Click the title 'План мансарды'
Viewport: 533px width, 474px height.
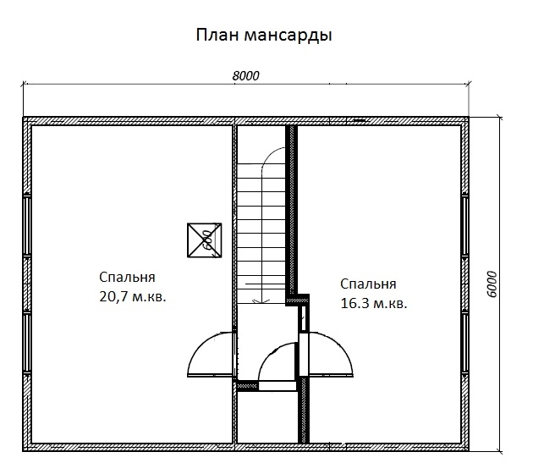click(x=264, y=36)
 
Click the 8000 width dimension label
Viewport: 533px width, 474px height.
click(x=245, y=76)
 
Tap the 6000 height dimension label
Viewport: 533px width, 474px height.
click(x=492, y=284)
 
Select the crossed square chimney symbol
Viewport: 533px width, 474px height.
click(x=204, y=240)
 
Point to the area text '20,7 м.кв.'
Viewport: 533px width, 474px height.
click(x=133, y=297)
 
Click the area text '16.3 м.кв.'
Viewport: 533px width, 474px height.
click(x=374, y=303)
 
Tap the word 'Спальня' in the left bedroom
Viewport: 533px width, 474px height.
click(x=127, y=277)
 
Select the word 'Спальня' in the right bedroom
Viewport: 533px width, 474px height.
click(x=368, y=284)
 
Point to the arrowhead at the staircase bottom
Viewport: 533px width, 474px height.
click(x=261, y=301)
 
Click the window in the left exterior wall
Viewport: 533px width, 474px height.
click(x=27, y=284)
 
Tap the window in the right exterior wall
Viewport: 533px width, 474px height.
click(x=464, y=284)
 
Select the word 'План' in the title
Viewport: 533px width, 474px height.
click(x=217, y=35)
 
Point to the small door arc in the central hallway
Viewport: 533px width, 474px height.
click(x=268, y=354)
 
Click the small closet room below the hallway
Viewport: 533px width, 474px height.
click(x=267, y=417)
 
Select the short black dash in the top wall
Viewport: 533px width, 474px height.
click(x=360, y=120)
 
